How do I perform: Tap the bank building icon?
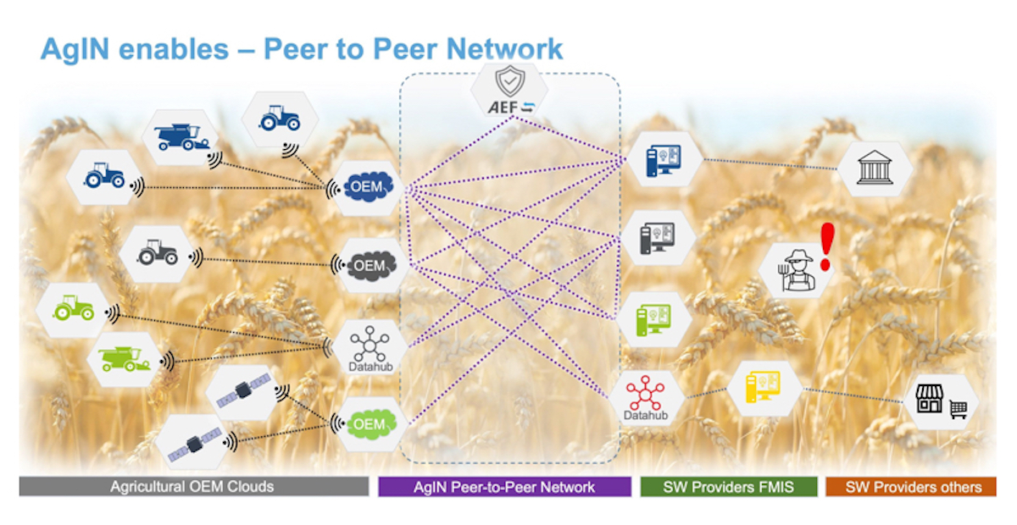873,168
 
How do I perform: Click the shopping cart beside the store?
959,410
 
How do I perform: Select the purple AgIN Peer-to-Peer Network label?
504,487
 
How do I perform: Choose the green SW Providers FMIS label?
728,487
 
